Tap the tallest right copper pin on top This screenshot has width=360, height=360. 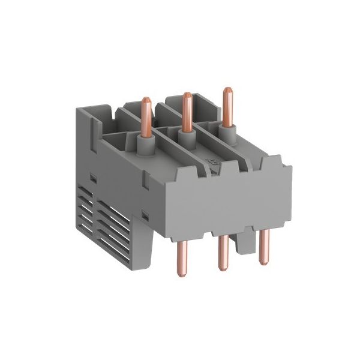pos(227,108)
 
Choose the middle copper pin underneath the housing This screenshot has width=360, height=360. pos(223,252)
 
